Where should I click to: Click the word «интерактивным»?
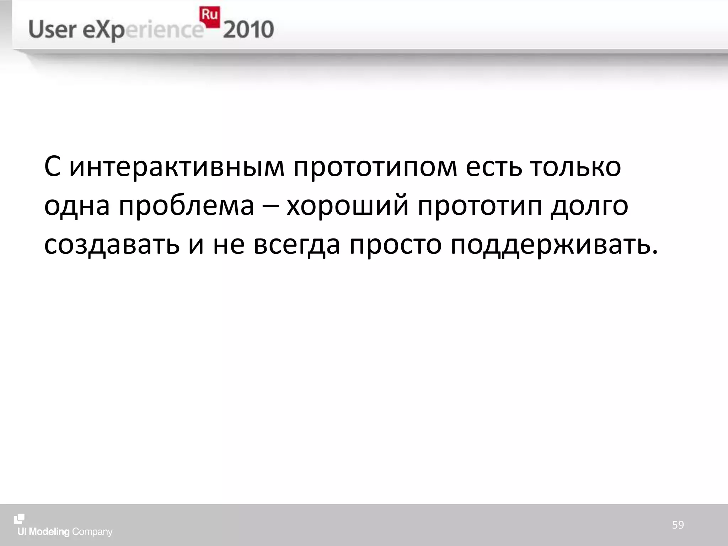pyautogui.click(x=177, y=167)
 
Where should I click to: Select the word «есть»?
pyautogui.click(x=494, y=167)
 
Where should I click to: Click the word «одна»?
pyautogui.click(x=77, y=206)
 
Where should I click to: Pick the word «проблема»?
pyautogui.click(x=186, y=206)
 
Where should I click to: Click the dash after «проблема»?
pyautogui.click(x=270, y=206)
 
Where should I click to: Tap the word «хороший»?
pyautogui.click(x=348, y=206)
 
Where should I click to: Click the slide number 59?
pyautogui.click(x=678, y=525)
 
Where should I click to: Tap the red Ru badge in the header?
pyautogui.click(x=209, y=16)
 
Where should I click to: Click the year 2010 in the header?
pyautogui.click(x=248, y=30)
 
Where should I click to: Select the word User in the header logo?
pyautogui.click(x=53, y=30)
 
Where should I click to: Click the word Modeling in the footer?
pyautogui.click(x=49, y=532)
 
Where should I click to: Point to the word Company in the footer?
pyautogui.click(x=92, y=532)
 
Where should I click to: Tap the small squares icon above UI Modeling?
pyautogui.click(x=19, y=519)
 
